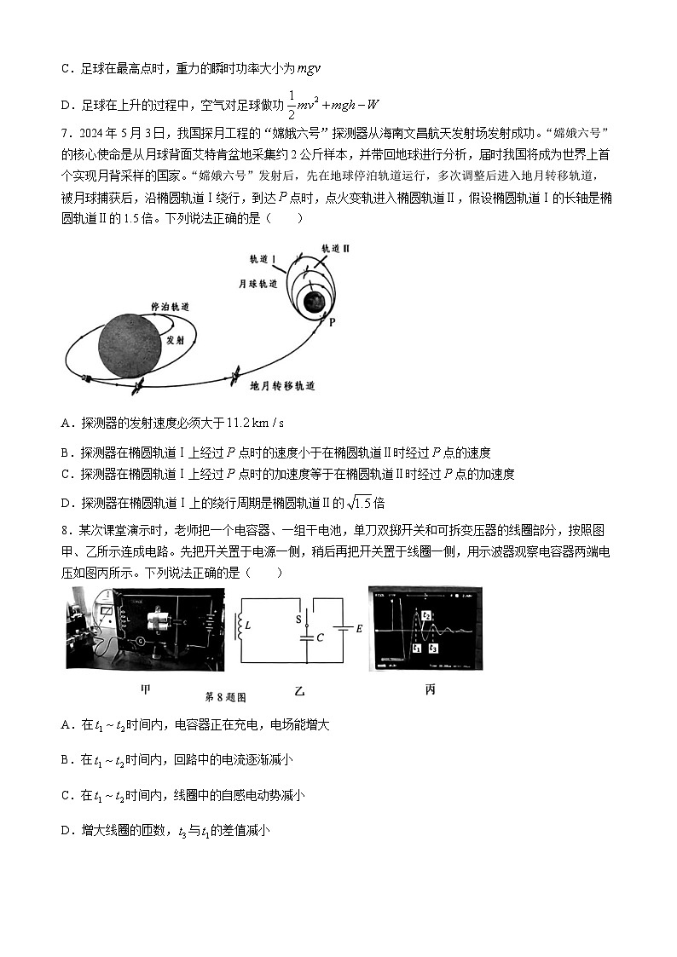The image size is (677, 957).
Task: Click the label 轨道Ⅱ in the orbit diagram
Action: tap(335, 247)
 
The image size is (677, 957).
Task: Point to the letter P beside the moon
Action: tap(332, 322)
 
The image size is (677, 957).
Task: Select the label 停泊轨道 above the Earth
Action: tap(169, 306)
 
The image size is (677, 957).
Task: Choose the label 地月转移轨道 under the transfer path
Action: tap(282, 386)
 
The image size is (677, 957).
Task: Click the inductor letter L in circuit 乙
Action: tap(248, 626)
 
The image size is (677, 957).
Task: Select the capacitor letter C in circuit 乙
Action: tap(320, 637)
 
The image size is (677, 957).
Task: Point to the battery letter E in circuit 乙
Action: tap(359, 628)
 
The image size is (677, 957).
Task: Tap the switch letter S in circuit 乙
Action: tap(298, 620)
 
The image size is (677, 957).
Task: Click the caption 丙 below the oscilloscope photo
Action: tap(430, 689)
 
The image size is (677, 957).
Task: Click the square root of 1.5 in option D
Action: tap(362, 502)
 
